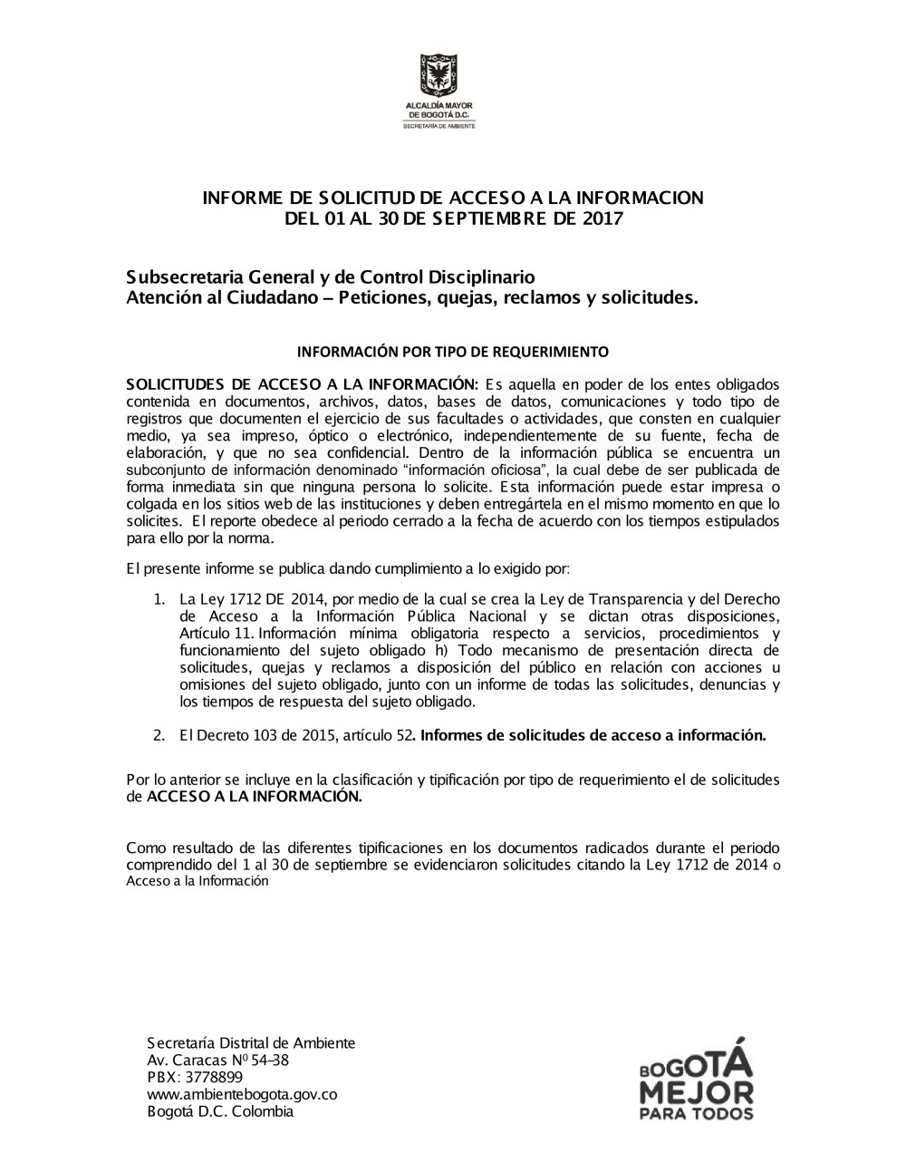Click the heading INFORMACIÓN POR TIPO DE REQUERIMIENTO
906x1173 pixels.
(453, 351)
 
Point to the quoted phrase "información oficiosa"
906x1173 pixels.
(476, 470)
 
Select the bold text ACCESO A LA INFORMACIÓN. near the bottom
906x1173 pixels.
(254, 797)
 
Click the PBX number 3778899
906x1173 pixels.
(214, 1077)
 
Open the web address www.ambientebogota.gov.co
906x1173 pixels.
(242, 1094)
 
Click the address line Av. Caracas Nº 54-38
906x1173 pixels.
(217, 1060)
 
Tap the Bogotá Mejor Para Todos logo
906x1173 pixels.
(695, 1080)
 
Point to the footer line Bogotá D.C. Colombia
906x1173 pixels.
(220, 1111)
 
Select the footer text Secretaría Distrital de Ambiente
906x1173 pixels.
(251, 1042)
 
